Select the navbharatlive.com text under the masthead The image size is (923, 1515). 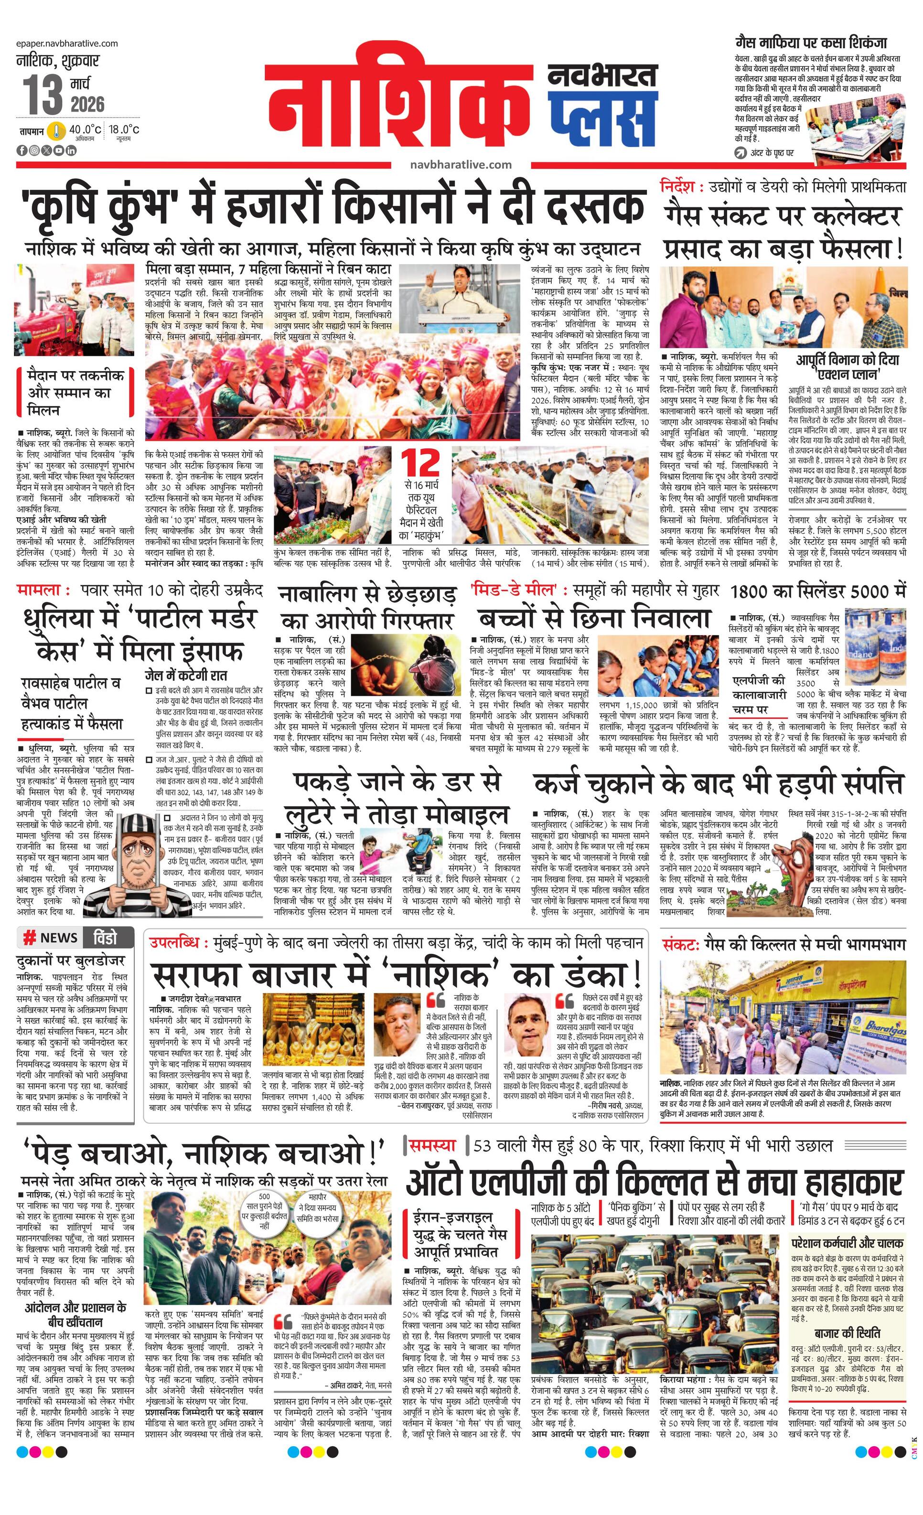point(461,164)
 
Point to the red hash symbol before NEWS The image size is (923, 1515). point(29,938)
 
